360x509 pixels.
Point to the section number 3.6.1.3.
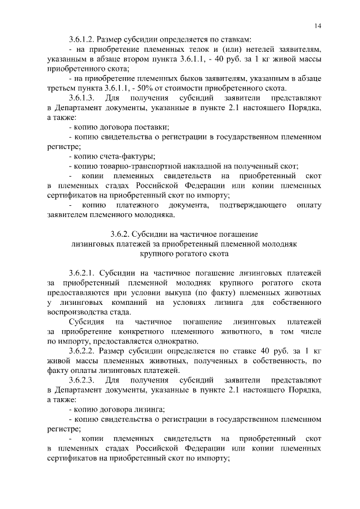click(x=81, y=98)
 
